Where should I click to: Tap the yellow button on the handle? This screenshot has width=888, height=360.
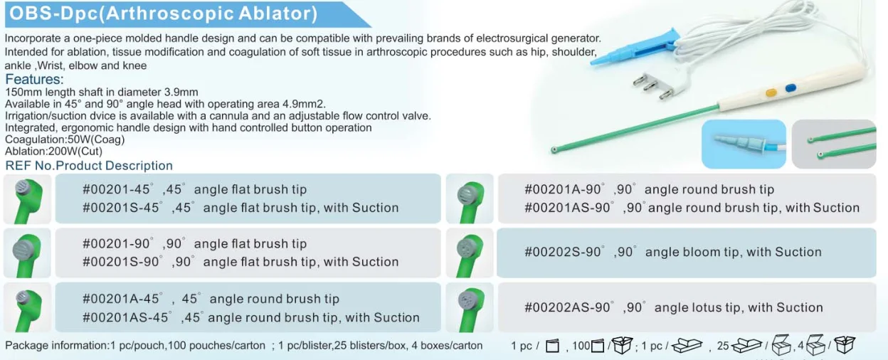(771, 92)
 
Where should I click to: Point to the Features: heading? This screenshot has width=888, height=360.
(34, 79)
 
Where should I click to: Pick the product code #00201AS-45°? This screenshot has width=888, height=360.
(126, 317)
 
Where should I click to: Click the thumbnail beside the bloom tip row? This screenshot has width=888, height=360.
(470, 253)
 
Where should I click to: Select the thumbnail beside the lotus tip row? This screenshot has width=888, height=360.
(470, 307)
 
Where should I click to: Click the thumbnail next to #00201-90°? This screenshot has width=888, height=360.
(27, 253)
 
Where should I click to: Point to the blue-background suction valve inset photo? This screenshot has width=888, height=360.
(744, 144)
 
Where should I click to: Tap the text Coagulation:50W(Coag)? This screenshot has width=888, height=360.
(65, 139)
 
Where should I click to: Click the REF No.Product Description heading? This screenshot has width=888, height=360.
(89, 166)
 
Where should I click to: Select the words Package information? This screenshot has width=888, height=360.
(56, 346)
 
